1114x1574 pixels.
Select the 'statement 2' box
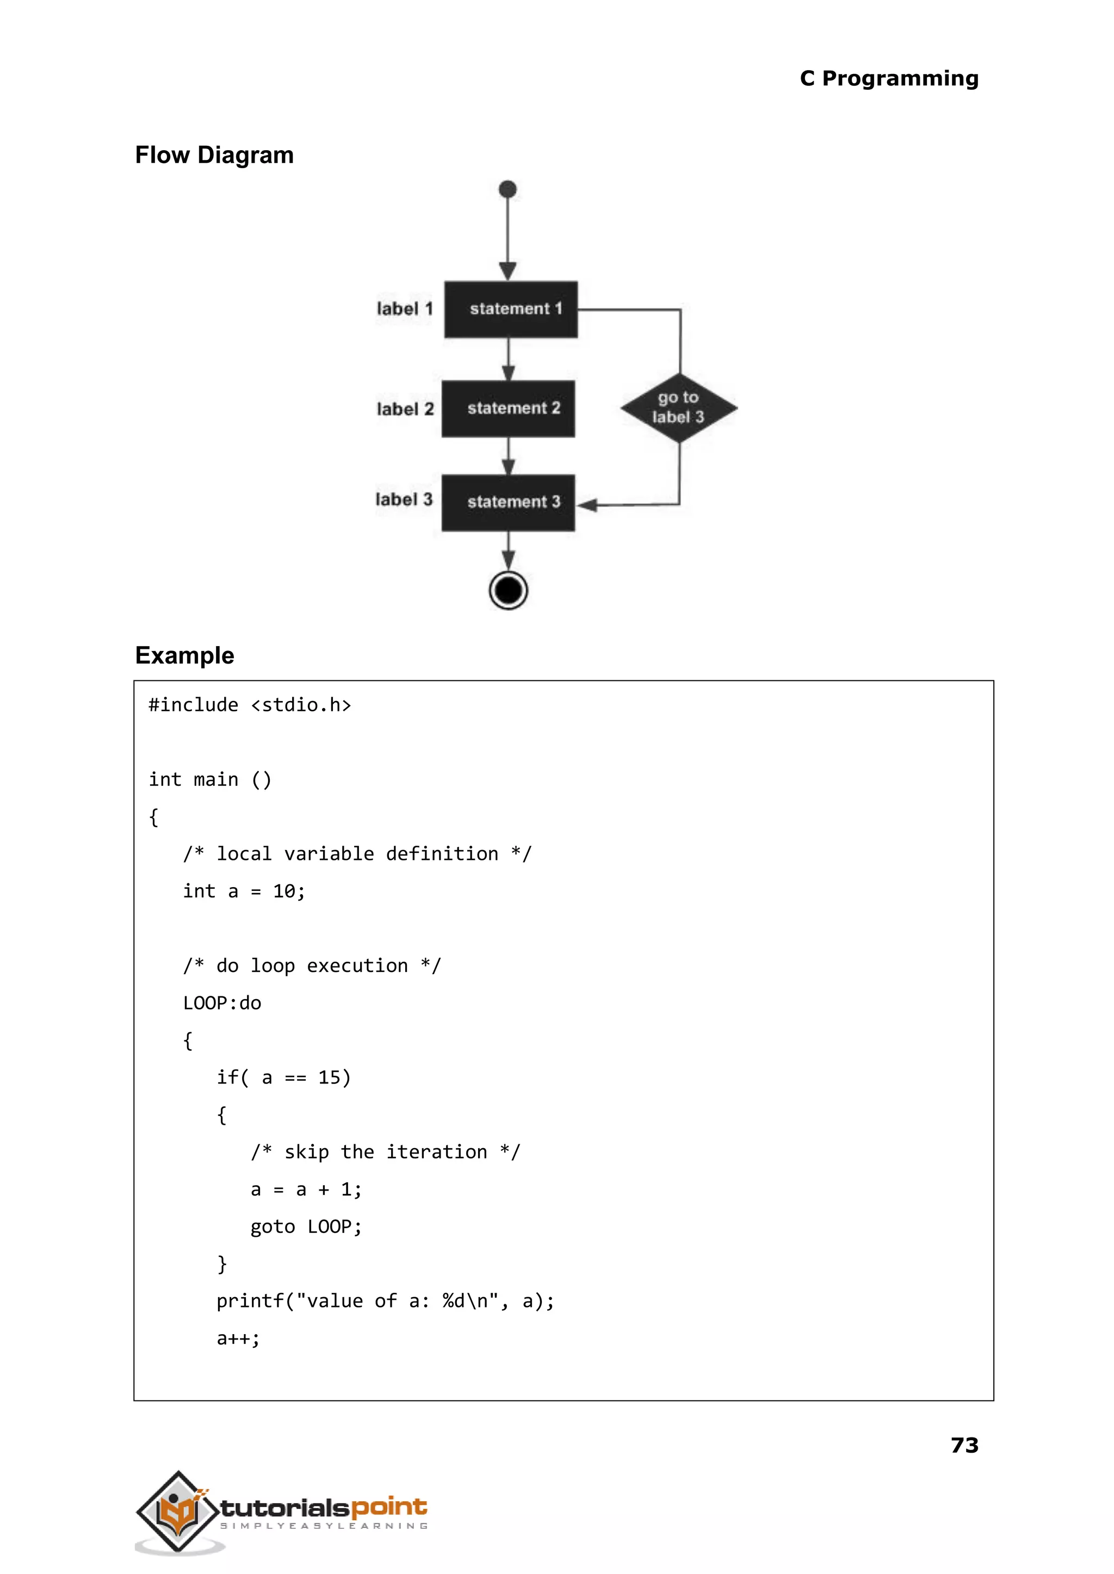pos(508,409)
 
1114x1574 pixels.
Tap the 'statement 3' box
pos(508,503)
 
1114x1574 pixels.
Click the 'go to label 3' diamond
pos(678,408)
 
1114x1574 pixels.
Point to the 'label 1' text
pos(405,308)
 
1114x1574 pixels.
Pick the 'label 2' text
pos(405,409)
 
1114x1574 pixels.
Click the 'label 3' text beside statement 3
pos(404,499)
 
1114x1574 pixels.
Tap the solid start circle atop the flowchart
pos(508,189)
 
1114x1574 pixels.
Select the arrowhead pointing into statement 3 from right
pos(586,505)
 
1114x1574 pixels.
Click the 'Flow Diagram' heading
pos(214,155)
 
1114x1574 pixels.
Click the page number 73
pos(964,1445)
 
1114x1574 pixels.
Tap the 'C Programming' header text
pos(889,78)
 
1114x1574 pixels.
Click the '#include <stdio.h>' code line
pos(250,705)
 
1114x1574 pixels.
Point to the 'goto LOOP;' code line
pos(306,1226)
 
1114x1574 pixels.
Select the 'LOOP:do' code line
pos(221,1003)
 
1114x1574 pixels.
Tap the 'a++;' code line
pos(237,1338)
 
